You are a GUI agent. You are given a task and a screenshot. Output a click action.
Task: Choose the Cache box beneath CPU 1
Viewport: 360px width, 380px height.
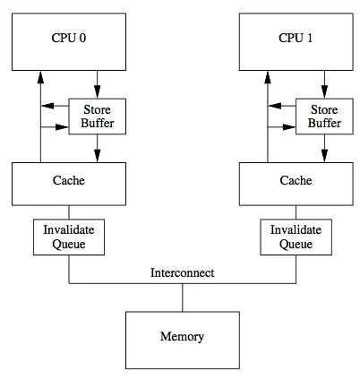coord(296,182)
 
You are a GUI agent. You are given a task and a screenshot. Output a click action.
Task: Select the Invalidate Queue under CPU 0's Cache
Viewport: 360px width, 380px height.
coord(69,237)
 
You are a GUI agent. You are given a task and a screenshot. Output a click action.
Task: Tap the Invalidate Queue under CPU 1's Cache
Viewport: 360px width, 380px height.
coord(296,237)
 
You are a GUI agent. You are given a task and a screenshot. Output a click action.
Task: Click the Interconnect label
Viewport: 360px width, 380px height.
coord(183,272)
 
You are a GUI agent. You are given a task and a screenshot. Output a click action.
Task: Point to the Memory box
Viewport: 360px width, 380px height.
coord(183,337)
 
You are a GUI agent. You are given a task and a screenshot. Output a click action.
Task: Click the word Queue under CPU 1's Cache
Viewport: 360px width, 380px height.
coord(296,243)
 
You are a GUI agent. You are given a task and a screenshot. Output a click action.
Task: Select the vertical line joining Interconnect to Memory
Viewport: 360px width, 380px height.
coord(183,298)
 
